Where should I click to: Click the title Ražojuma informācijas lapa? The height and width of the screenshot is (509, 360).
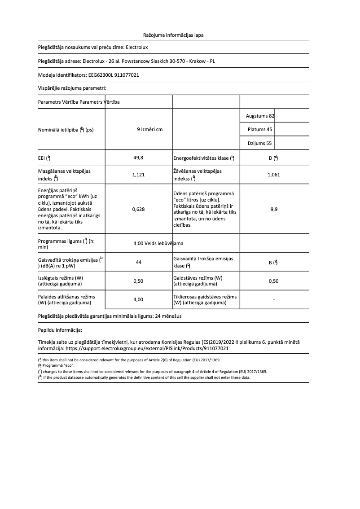pyautogui.click(x=173, y=35)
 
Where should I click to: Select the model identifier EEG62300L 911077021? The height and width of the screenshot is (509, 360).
pyautogui.click(x=113, y=75)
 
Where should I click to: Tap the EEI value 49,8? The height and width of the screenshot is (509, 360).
pyautogui.click(x=139, y=158)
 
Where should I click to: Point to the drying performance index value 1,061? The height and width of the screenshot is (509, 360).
pyautogui.click(x=273, y=175)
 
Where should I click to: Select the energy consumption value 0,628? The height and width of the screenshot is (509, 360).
pyautogui.click(x=139, y=209)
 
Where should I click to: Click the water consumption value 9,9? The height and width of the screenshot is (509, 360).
pyautogui.click(x=273, y=209)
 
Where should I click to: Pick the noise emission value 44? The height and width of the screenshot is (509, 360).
pyautogui.click(x=139, y=263)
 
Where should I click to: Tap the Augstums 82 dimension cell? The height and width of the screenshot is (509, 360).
pyautogui.click(x=260, y=116)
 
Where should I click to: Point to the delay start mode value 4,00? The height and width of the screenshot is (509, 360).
pyautogui.click(x=139, y=299)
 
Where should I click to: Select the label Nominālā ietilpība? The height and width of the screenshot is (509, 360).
pyautogui.click(x=65, y=130)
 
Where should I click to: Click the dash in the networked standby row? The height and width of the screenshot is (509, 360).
pyautogui.click(x=273, y=299)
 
